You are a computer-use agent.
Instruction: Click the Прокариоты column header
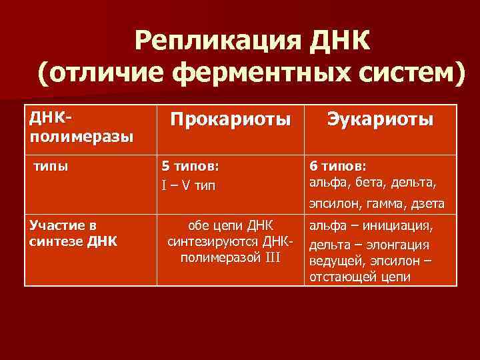230,120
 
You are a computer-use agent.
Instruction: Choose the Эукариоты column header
380,120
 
